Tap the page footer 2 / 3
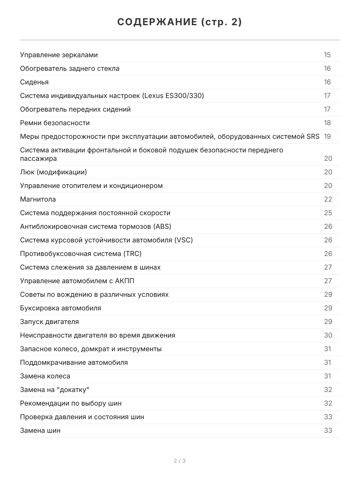pos(180,461)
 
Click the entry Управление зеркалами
pos(59,55)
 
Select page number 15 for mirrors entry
pos(327,55)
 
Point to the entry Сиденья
pos(34,82)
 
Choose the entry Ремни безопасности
pos(55,123)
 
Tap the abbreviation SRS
pos(313,136)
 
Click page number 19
pos(327,136)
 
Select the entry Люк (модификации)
pos(53,172)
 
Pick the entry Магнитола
pos(38,199)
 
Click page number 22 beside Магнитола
pos(328,199)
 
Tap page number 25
pos(328,213)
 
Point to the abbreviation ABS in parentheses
pos(162,226)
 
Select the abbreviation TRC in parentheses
pos(133,254)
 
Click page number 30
pos(328,335)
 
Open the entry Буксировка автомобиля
pos(60,308)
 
